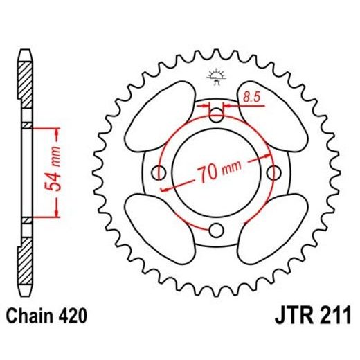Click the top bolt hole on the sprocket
pos(217,114)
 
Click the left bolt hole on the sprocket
pos(160,172)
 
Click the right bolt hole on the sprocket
pos(274,172)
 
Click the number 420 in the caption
pos(72,318)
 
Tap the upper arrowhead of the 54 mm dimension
pos(51,132)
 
